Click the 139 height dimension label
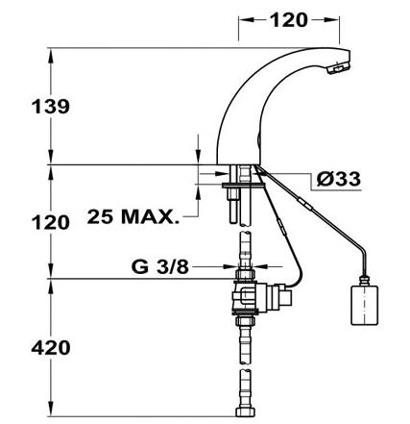51,107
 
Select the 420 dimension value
51,347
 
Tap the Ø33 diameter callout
339,179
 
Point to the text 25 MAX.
133,217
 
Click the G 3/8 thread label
160,266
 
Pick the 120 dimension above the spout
289,20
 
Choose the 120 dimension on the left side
51,222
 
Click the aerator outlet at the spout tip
338,67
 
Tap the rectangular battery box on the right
365,306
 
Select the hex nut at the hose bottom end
246,412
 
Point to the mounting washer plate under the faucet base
243,186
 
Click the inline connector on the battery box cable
305,204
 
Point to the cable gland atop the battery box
364,280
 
